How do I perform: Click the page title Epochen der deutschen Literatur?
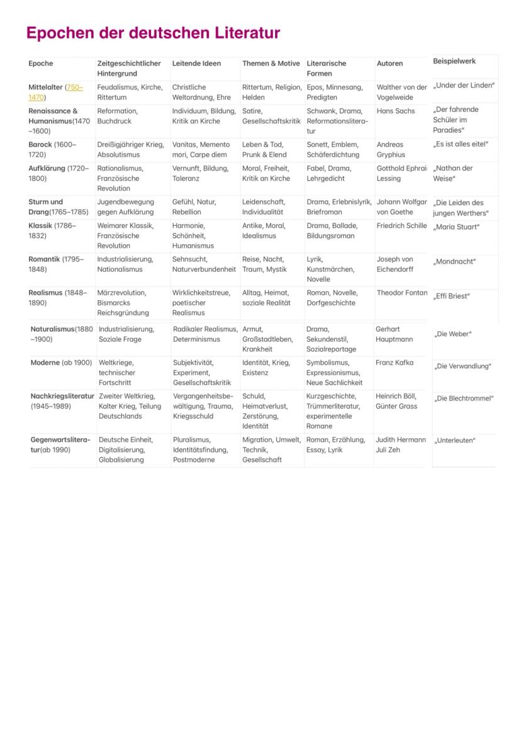153,33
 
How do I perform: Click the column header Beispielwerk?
454,61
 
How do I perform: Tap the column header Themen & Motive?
271,64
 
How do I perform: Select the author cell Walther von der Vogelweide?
401,92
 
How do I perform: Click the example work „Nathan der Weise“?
452,173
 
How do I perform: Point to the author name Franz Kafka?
395,363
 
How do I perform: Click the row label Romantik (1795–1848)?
56,264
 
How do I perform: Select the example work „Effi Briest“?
451,296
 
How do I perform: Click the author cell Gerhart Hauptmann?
394,334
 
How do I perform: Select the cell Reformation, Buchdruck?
118,116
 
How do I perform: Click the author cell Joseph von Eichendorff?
395,264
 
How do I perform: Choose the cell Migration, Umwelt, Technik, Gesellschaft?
271,449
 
